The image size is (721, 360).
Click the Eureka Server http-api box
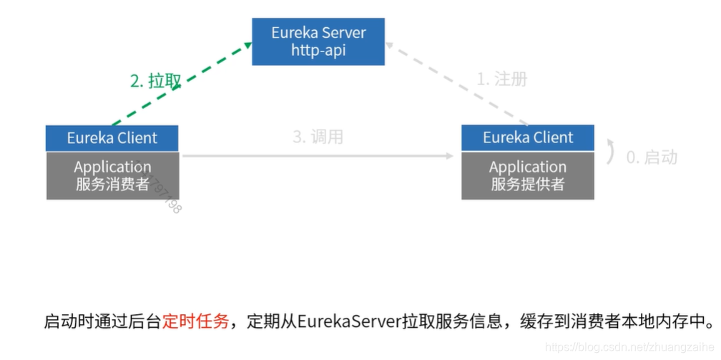pos(318,42)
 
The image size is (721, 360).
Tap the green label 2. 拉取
pos(155,82)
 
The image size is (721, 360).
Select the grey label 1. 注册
pos(502,79)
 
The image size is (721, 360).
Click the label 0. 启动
pos(652,157)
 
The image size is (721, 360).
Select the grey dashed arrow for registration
pos(458,84)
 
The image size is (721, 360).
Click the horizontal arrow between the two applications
pos(318,155)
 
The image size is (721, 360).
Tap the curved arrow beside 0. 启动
pos(610,151)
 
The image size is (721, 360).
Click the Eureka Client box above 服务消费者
pos(112,138)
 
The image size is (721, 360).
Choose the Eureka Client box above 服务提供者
pos(528,137)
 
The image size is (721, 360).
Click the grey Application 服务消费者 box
pos(112,175)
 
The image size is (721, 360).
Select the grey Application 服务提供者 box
pos(528,175)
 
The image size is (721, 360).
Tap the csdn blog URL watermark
pos(629,347)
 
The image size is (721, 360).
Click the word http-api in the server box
pos(318,51)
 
